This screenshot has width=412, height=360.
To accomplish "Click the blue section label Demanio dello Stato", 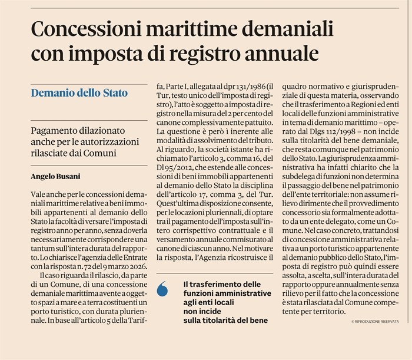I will point(79,93).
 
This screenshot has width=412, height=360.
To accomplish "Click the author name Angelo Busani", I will point(57,176).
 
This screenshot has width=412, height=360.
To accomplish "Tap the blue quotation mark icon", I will point(164,289).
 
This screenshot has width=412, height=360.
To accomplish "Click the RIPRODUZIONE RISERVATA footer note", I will point(375,321).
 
